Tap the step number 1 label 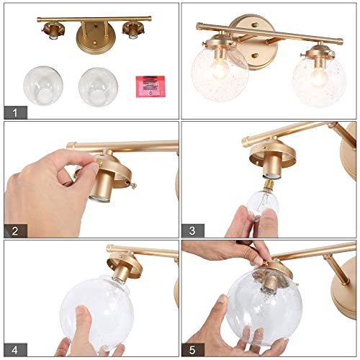[x=14, y=112]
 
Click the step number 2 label [x=14, y=230]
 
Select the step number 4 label [x=14, y=349]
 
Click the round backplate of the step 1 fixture [x=91, y=33]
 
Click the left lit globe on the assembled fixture [x=220, y=72]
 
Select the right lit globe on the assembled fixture [x=318, y=78]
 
